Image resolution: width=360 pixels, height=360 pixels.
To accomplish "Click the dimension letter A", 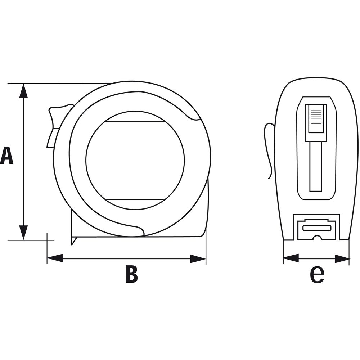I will point(7,156).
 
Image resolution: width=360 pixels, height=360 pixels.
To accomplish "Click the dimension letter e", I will point(317,275).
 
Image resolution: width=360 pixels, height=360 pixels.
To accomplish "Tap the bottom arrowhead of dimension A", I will point(23,232).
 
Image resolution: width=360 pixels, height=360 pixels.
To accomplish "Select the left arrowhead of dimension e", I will point(291,258).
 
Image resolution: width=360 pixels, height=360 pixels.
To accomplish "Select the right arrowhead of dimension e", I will point(342,258).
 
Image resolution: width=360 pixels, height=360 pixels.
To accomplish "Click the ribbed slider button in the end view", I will point(316,122).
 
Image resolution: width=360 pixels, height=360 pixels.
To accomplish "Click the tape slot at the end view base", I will point(316,228).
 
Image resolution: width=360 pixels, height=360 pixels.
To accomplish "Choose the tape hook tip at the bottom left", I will point(73,240).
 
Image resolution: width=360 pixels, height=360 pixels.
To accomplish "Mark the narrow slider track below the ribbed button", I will point(316,166).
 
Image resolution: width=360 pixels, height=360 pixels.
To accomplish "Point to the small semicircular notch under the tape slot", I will point(316,238).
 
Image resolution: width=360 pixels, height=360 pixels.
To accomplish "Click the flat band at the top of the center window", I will point(135,116).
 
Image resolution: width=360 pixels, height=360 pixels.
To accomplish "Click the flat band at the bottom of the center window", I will point(135,203).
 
